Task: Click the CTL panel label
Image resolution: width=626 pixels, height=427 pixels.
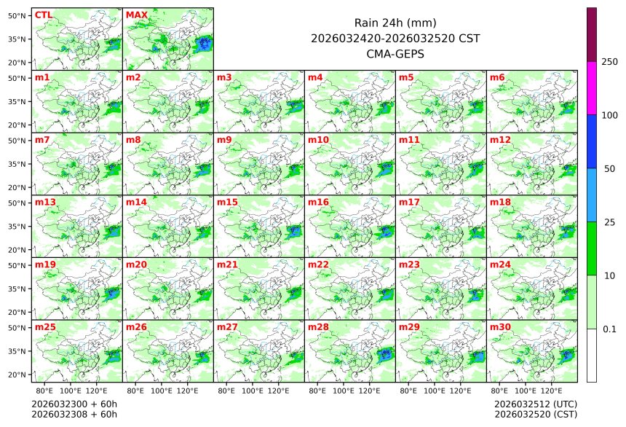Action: click(x=43, y=15)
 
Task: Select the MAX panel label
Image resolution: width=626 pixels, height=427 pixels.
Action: click(x=136, y=15)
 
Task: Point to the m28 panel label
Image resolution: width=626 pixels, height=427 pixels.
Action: click(x=318, y=327)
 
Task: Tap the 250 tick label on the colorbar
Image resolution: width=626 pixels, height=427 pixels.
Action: click(x=610, y=62)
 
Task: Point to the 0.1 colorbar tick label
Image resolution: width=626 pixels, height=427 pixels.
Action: click(x=609, y=329)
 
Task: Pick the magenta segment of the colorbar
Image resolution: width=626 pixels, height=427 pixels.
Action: click(x=592, y=88)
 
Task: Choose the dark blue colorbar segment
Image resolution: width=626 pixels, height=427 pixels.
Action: click(x=592, y=141)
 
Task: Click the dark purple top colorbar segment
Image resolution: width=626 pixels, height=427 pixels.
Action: click(x=592, y=34)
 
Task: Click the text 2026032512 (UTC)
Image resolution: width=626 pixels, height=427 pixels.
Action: click(x=535, y=404)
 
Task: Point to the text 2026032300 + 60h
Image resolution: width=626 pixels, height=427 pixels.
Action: click(x=74, y=404)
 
